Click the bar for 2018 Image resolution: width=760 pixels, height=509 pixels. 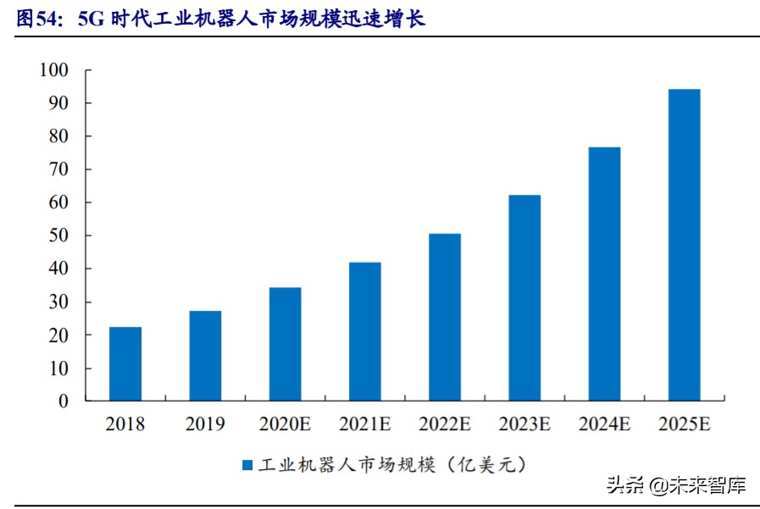click(x=125, y=363)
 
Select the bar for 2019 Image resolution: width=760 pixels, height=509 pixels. click(x=205, y=356)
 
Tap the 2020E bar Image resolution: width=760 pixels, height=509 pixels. click(x=285, y=344)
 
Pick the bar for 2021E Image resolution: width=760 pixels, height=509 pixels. click(x=364, y=331)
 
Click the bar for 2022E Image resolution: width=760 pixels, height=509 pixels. click(x=445, y=317)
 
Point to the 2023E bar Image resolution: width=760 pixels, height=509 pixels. click(x=524, y=297)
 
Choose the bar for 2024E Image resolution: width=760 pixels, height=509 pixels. click(x=604, y=274)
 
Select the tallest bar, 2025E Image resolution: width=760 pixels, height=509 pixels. click(x=684, y=245)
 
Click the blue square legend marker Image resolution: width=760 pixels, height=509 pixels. click(x=247, y=465)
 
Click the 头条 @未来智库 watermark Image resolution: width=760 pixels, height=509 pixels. click(x=675, y=485)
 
